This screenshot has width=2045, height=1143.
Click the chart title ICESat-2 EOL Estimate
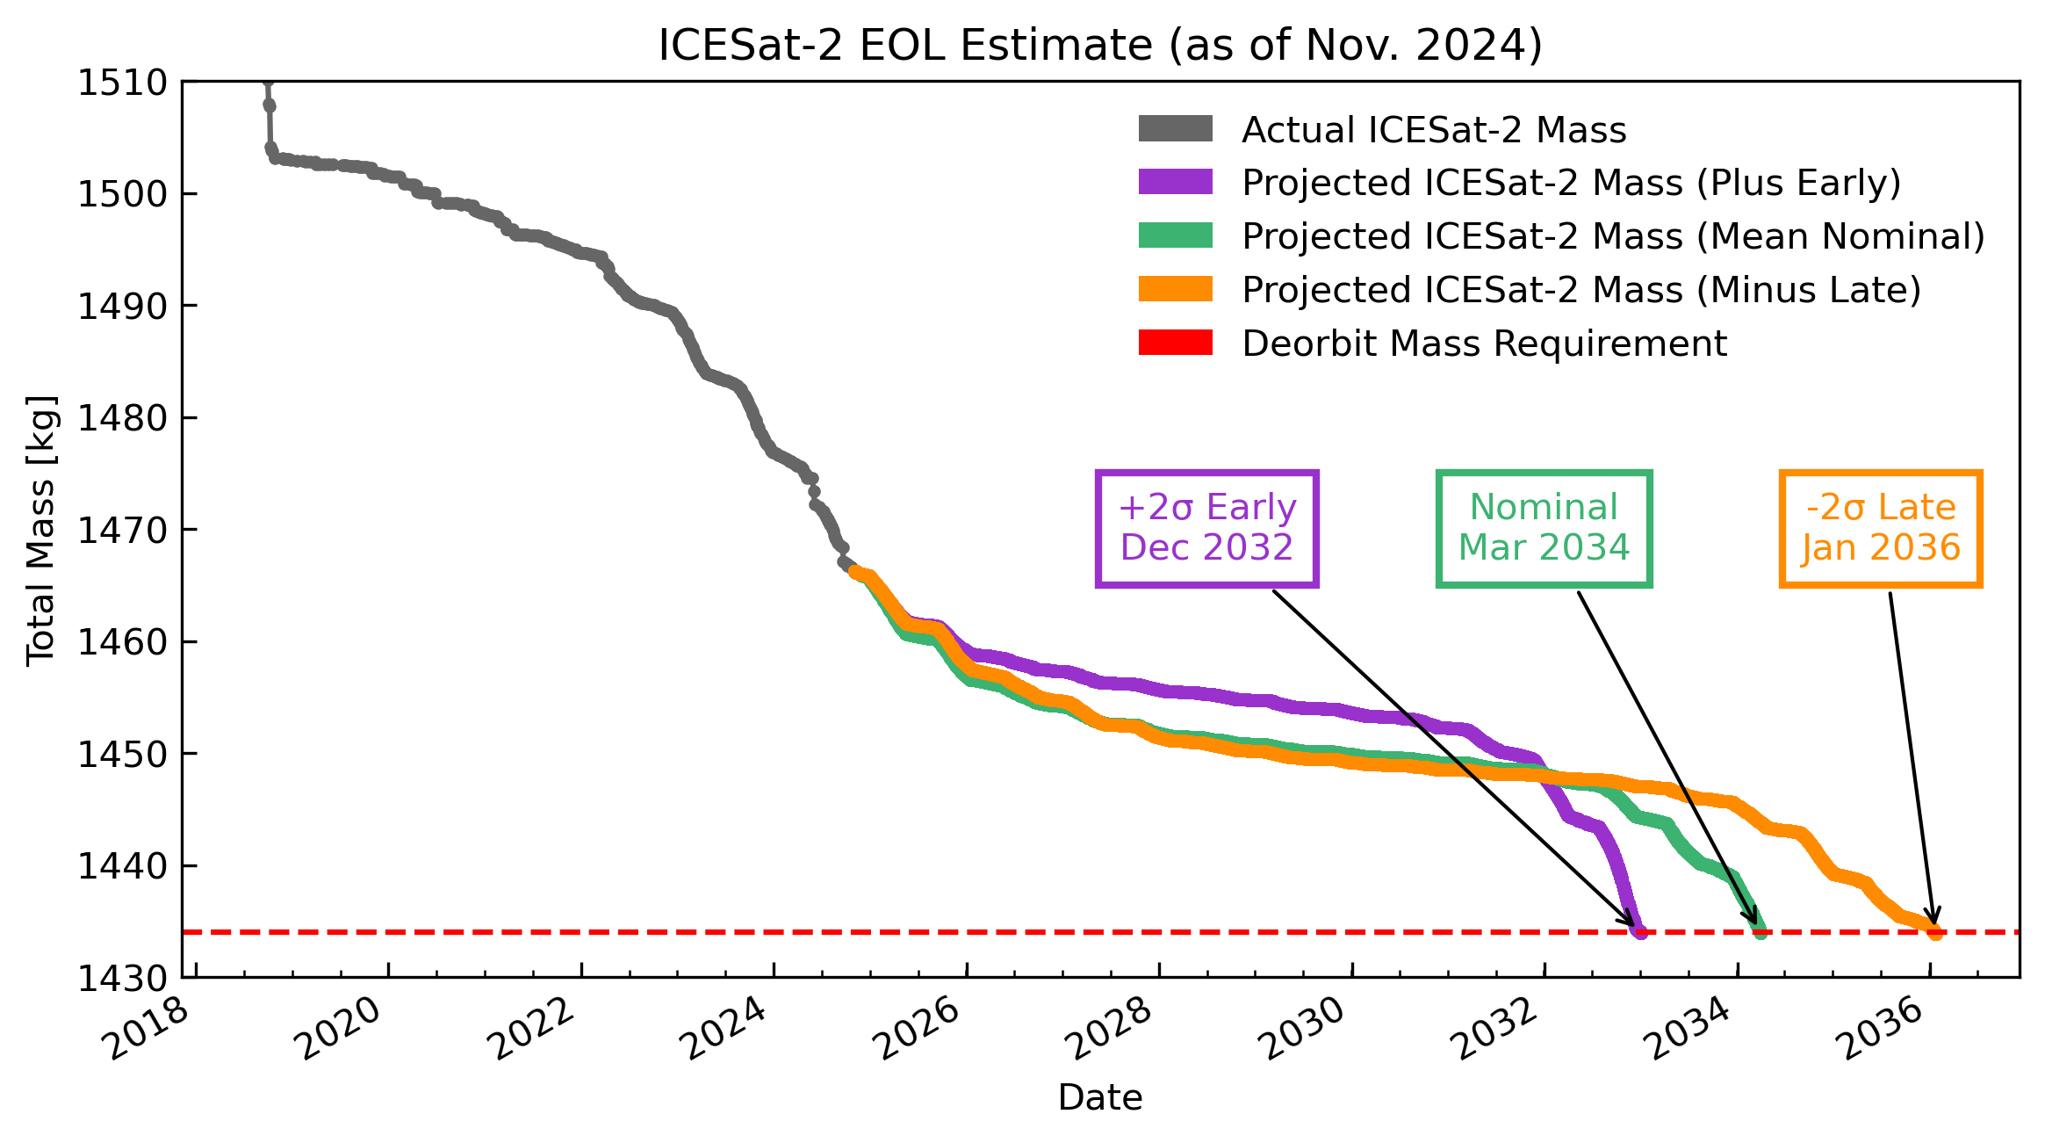coord(1099,46)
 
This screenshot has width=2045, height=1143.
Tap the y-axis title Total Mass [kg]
coord(41,530)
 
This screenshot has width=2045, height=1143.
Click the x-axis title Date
coord(1099,1097)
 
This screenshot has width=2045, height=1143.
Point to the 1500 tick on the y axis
coord(123,194)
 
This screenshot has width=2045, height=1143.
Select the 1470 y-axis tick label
coord(123,530)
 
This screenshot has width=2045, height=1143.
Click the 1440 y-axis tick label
coord(123,866)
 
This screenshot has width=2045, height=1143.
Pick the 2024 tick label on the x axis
coord(725,1030)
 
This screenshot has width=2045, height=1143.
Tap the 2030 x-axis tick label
coord(1303,1030)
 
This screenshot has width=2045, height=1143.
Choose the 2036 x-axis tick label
coord(1881,1030)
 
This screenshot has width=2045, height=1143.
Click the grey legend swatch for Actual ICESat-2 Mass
coord(1175,129)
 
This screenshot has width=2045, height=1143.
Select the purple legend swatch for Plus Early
coord(1175,182)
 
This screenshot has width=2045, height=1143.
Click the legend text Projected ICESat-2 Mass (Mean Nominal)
coord(1613,236)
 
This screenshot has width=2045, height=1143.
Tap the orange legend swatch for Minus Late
coord(1175,289)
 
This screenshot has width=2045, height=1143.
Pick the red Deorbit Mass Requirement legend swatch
coord(1175,343)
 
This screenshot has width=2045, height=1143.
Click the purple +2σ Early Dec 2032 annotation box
coord(1206,528)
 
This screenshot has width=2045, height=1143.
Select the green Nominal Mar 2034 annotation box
coord(1544,528)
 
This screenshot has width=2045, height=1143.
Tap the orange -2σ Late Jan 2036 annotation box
coord(1880,528)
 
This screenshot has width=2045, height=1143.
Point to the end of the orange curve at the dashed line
coord(1934,931)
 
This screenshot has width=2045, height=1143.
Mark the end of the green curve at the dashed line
coord(1760,931)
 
